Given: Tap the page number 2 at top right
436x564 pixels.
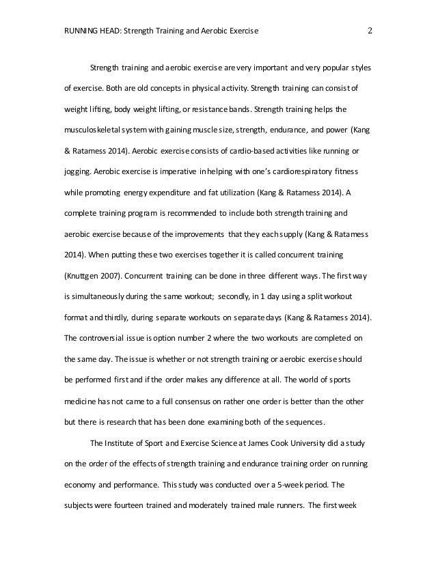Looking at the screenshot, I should coord(370,31).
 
